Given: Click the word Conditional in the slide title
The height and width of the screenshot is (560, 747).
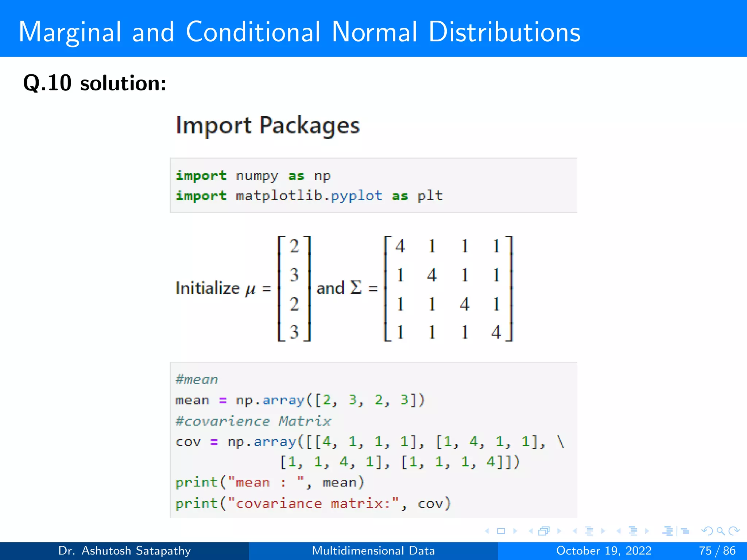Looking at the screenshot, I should click(253, 32).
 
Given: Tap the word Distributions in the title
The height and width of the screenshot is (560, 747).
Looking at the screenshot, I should click(504, 32).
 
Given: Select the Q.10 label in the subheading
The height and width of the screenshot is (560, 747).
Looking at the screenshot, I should click(47, 83).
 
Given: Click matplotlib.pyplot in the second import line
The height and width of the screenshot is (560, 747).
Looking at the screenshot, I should click(309, 196).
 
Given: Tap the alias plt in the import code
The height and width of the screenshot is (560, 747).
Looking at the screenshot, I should click(430, 196).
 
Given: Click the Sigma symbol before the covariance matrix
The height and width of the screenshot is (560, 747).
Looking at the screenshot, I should click(356, 288).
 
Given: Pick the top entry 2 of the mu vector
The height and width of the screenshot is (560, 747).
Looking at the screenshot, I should click(294, 246).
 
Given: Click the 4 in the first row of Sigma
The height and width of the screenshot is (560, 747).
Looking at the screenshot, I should click(400, 246).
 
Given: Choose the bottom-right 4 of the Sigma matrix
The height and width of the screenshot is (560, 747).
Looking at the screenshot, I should click(496, 332).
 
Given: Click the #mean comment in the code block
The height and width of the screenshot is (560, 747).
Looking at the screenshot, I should click(197, 380).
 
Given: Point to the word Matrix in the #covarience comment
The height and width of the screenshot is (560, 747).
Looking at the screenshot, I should click(305, 421).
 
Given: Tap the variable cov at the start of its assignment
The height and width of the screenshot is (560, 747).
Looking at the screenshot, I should click(188, 442).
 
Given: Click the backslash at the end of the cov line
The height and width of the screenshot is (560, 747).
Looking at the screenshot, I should click(561, 442).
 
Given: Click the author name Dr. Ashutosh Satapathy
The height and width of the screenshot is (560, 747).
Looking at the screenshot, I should click(124, 551).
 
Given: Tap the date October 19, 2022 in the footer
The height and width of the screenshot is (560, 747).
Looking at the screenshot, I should click(604, 551).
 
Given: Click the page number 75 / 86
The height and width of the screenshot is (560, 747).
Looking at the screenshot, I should click(717, 551).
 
